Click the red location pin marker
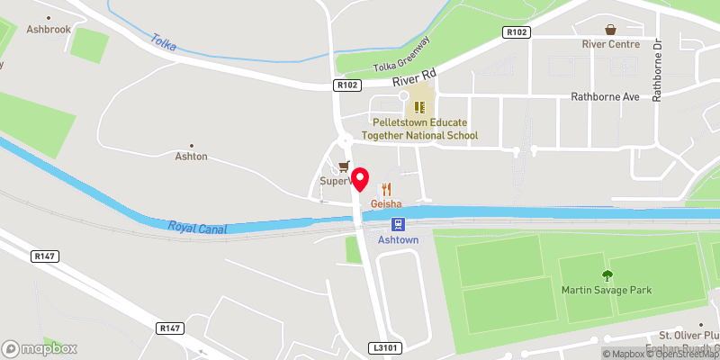(x=361, y=178)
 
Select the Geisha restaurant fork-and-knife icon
(x=387, y=188)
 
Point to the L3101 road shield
(x=382, y=346)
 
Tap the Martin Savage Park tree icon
(x=607, y=274)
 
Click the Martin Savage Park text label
(x=607, y=290)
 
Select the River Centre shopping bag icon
(x=611, y=30)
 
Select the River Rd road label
(x=414, y=78)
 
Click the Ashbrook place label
(x=49, y=29)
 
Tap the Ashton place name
(x=191, y=156)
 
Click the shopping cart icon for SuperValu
(x=343, y=166)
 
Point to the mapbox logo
(x=40, y=348)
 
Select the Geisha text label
(x=386, y=203)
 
